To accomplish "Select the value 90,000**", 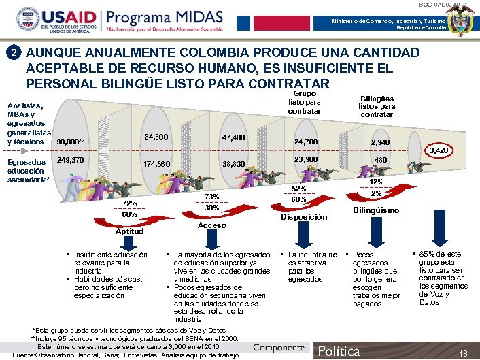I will point(71,142).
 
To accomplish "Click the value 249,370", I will point(71,161).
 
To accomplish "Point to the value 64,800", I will point(157,137).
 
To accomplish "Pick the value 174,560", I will point(156,165).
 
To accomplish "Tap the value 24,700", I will point(307,142).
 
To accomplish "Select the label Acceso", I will point(211,225).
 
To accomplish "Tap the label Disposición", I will point(303,218).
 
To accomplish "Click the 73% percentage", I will point(211,197).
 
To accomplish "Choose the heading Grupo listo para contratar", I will point(304,101).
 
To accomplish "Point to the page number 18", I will point(464,354).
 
